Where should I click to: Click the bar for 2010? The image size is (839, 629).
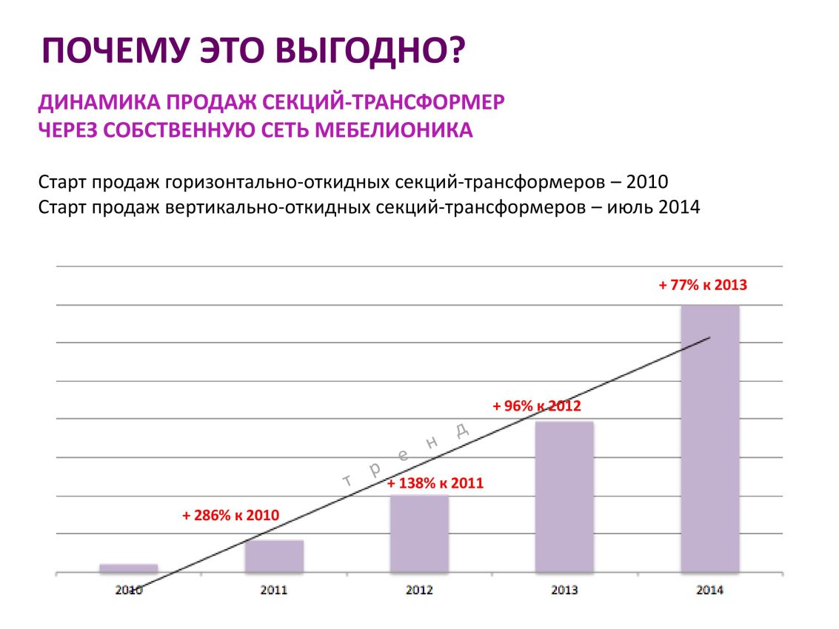[x=128, y=568]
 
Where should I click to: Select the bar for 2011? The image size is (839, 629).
[x=274, y=556]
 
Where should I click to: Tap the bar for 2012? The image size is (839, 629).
[x=419, y=534]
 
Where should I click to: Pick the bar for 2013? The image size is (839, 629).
[x=564, y=497]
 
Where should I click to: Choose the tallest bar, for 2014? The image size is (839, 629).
[x=710, y=439]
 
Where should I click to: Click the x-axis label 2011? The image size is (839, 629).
[x=274, y=590]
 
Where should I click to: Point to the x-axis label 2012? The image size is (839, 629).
[x=419, y=590]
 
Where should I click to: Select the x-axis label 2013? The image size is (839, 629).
[x=564, y=590]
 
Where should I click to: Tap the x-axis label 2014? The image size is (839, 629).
[x=710, y=590]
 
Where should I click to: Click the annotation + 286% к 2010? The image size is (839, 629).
[x=230, y=515]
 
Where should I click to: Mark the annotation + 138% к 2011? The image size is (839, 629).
[x=435, y=483]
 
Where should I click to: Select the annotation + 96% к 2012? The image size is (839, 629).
[x=537, y=406]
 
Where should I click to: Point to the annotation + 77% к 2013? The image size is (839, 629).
[x=703, y=285]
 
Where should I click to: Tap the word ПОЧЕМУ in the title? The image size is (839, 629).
[x=115, y=51]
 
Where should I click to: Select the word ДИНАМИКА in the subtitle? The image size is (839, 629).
[x=99, y=101]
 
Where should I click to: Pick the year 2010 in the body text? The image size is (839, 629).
[x=647, y=182]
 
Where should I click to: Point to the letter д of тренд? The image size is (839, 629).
[x=462, y=429]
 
